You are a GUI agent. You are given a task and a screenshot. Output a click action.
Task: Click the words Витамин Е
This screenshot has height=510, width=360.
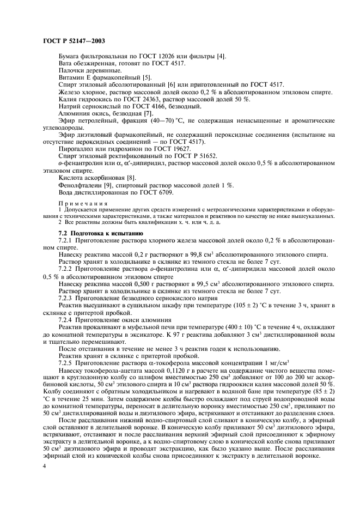click(x=77, y=78)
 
